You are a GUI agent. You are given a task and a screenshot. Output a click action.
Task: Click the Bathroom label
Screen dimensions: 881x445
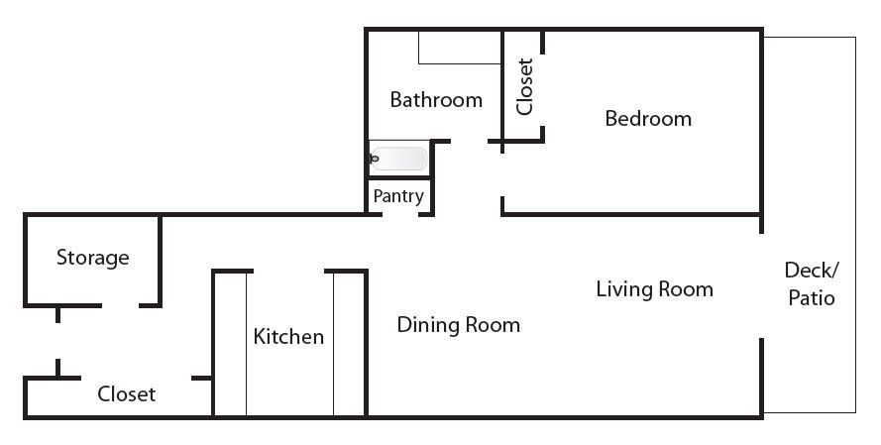point(436,100)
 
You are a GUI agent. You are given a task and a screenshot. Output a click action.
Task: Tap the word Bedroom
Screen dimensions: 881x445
point(648,119)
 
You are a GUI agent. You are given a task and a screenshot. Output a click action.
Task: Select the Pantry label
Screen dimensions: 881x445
point(398,196)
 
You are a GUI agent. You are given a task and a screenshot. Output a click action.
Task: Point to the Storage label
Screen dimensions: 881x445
point(93,258)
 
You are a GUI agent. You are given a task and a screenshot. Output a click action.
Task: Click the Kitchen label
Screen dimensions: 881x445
point(288,337)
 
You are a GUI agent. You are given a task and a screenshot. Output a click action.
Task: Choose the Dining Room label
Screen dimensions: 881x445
point(458,325)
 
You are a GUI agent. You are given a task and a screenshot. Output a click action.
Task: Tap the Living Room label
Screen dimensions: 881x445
point(655,289)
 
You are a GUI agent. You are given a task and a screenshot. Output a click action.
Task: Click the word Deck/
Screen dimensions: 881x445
point(812,271)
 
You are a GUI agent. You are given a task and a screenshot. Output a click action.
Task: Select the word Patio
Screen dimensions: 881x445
point(812,297)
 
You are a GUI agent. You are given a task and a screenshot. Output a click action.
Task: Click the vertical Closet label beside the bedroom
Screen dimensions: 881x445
point(524,86)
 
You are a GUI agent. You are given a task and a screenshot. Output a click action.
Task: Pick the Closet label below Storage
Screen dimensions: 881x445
point(127,393)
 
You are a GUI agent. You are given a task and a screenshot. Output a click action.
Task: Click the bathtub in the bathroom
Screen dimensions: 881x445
point(398,159)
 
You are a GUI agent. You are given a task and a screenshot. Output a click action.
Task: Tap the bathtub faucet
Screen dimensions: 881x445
point(375,159)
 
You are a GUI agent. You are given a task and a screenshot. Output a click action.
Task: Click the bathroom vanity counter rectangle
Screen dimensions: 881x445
point(460,48)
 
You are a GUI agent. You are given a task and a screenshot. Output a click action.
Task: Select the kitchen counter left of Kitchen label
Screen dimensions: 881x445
point(231,344)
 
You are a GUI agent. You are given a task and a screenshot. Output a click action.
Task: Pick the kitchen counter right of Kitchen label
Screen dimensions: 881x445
point(349,344)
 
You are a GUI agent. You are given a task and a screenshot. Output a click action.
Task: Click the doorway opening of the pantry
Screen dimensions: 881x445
point(400,215)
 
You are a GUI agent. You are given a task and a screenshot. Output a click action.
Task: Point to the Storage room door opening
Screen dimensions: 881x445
point(121,305)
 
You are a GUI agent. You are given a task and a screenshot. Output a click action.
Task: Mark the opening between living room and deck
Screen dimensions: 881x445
point(762,286)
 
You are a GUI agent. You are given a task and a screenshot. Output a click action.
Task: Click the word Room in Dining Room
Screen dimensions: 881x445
point(493,325)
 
